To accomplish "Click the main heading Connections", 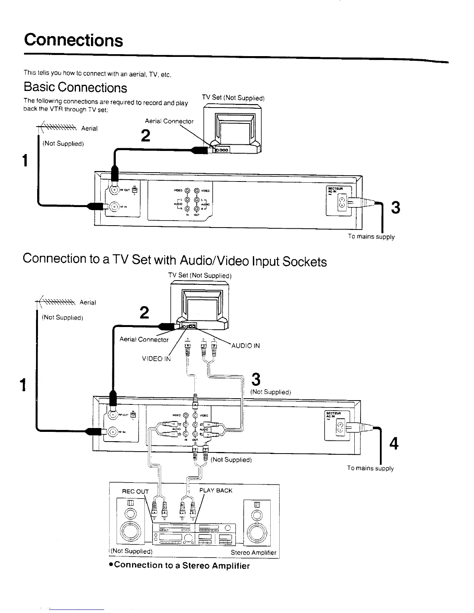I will point(73,40).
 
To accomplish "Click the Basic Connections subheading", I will point(75,87).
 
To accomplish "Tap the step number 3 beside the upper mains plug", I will point(395,207).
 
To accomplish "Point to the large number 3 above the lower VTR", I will point(256,379).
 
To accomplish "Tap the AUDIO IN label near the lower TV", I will point(245,346).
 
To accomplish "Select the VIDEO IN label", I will point(156,359).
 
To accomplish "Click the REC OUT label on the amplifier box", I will point(135,491).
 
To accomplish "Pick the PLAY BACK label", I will point(216,490).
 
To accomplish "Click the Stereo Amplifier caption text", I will point(254,553).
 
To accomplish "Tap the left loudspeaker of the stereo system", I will point(131,522).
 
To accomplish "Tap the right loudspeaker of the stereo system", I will point(257,522).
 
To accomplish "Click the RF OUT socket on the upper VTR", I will point(115,190).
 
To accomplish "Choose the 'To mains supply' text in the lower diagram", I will point(370,468).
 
